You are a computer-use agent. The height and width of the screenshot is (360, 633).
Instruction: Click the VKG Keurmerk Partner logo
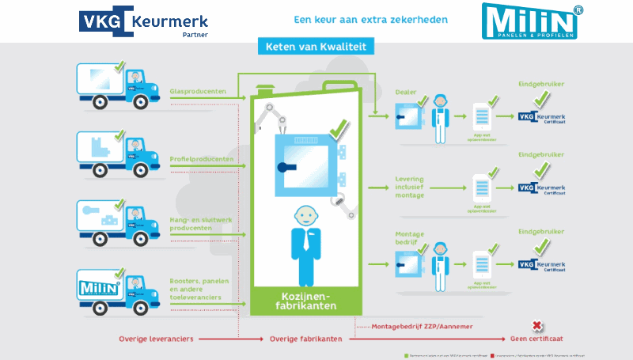click(143, 21)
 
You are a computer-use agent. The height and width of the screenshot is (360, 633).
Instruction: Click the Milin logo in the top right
click(529, 21)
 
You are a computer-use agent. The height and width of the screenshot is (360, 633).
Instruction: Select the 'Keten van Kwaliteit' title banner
click(316, 47)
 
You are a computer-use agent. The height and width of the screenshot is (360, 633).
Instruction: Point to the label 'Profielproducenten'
click(201, 159)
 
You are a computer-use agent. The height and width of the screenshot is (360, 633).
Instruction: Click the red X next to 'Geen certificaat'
click(537, 326)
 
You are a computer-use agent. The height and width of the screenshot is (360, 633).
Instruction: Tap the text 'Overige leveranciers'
click(156, 339)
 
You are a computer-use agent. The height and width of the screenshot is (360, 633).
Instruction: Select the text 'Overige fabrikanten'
click(305, 339)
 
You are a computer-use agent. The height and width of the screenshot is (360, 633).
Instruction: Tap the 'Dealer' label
click(405, 92)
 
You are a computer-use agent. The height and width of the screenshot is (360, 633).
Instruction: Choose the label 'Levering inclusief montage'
click(410, 187)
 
